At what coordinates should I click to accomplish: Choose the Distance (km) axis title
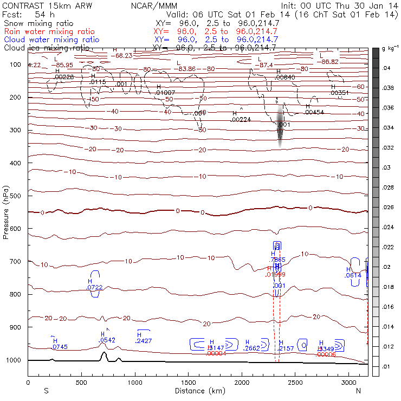pyautogui.click(x=197, y=390)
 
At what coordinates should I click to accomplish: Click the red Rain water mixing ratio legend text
pyautogui.click(x=51, y=32)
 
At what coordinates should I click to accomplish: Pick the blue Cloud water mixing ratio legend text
pyautogui.click(x=51, y=40)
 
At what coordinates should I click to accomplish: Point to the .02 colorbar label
pyautogui.click(x=387, y=267)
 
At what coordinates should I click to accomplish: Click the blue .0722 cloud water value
pyautogui.click(x=94, y=288)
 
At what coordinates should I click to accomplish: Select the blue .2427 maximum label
pyautogui.click(x=143, y=341)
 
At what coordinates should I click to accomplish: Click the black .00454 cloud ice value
pyautogui.click(x=314, y=112)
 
